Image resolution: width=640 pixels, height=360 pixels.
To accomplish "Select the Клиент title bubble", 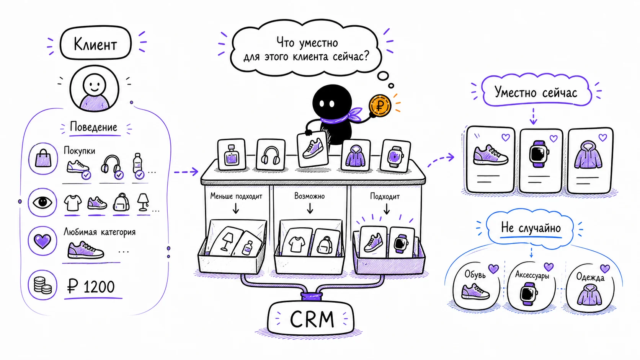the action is click(x=95, y=43).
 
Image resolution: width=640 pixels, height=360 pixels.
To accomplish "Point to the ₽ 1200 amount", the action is click(x=91, y=286).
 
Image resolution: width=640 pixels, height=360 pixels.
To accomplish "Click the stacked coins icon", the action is click(x=42, y=285).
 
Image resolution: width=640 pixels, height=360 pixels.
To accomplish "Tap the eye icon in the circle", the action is click(x=42, y=202).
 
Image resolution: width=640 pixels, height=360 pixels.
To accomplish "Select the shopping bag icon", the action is click(x=43, y=159).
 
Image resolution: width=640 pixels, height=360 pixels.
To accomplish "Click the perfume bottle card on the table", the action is click(x=232, y=155).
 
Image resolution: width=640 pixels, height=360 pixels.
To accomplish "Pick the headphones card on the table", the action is click(x=271, y=155).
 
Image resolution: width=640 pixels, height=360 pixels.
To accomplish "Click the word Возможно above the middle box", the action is click(x=309, y=196).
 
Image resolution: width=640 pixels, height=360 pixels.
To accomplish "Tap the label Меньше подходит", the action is click(x=236, y=196).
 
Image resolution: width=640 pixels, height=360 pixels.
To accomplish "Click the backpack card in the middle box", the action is click(x=325, y=242).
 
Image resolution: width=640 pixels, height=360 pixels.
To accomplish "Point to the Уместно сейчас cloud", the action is click(x=536, y=91).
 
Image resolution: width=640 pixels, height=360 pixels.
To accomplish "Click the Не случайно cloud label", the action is click(x=531, y=228).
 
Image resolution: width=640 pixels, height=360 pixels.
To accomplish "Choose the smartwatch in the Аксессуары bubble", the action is click(x=529, y=294).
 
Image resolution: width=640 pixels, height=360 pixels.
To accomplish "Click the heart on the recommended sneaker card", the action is click(x=506, y=138).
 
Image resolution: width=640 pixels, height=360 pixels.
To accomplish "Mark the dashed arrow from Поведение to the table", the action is click(x=186, y=171).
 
